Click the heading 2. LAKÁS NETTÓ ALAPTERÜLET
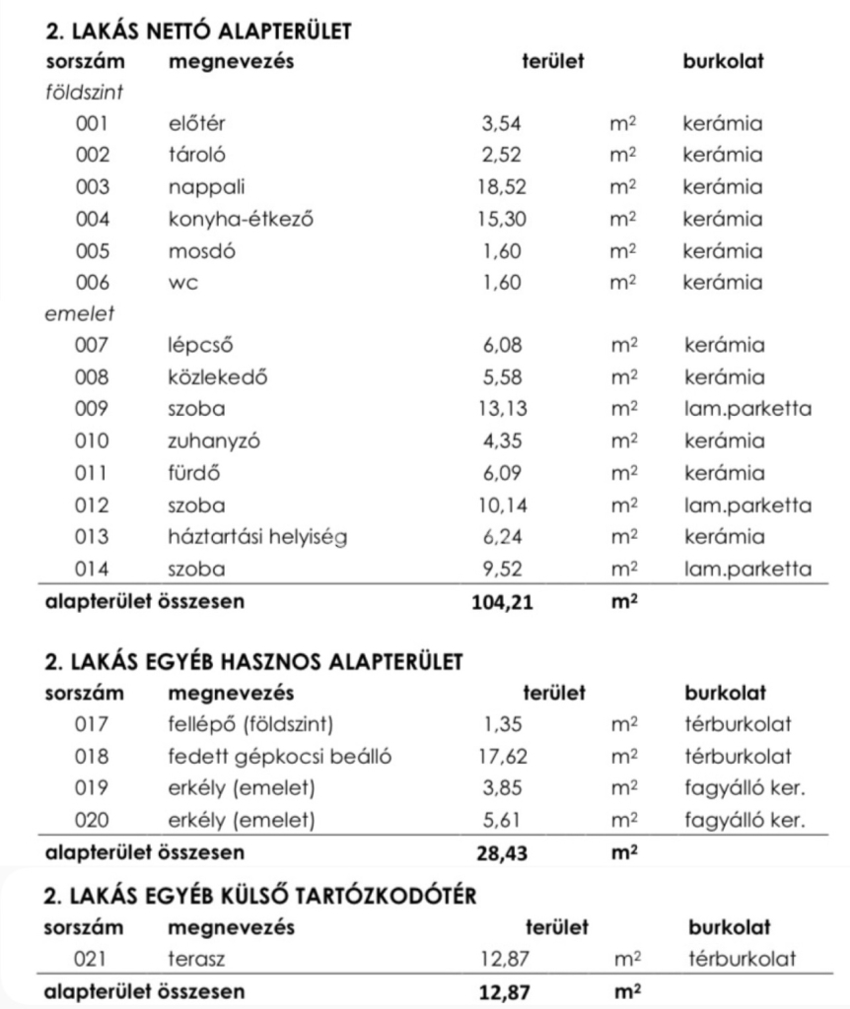199,31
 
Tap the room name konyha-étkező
241,220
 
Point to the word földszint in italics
84,93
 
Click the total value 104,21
504,603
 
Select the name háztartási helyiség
257,538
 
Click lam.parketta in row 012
746,506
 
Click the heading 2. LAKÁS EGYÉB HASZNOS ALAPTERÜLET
253,662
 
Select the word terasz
197,959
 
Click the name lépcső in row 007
201,347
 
